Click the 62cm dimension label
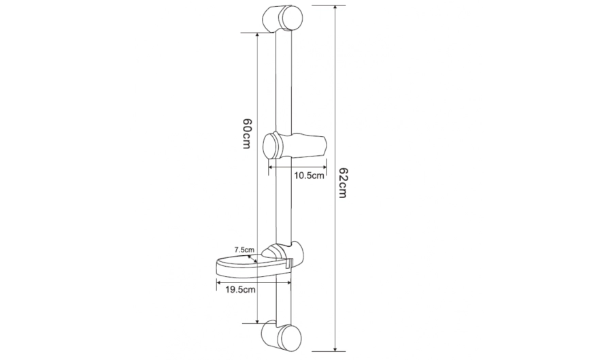[x=342, y=183]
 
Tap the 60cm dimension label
[x=246, y=133]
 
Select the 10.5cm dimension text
[x=310, y=176]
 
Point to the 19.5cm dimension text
[x=240, y=290]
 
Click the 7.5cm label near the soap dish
[x=244, y=249]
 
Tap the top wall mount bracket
[x=282, y=19]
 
